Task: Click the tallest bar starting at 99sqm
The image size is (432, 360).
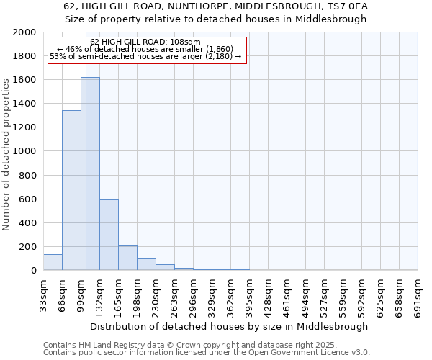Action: tap(90, 174)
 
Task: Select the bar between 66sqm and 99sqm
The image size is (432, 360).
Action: tap(71, 190)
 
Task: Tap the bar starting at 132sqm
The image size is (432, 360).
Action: tap(109, 235)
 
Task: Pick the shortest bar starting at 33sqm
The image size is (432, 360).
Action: tap(53, 263)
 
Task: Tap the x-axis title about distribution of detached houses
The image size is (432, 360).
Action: tap(230, 326)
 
